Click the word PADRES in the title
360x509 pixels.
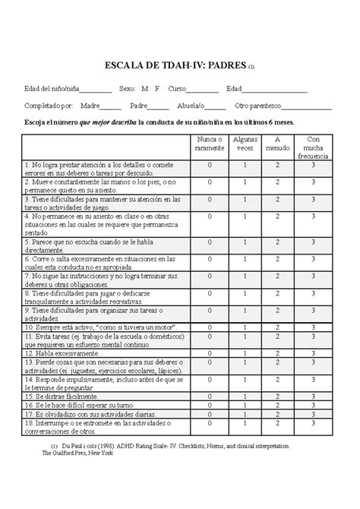225,65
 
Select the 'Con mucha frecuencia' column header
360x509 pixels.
314,147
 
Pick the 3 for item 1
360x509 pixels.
314,164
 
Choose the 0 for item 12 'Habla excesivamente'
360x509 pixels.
209,353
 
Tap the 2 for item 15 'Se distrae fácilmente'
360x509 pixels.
278,396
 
